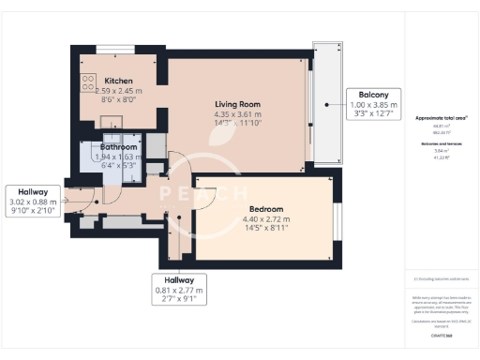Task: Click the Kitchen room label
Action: [118, 82]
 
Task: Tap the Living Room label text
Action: [237, 104]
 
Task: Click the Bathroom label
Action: [119, 147]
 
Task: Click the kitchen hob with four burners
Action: [90, 82]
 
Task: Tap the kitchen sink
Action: [110, 120]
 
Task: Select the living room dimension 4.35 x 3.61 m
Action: [237, 114]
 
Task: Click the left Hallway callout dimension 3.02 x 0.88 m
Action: [32, 202]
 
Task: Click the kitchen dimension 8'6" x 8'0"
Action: [118, 98]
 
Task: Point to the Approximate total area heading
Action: [441, 119]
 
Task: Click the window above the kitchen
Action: [114, 47]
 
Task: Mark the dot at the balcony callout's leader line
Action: [325, 104]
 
